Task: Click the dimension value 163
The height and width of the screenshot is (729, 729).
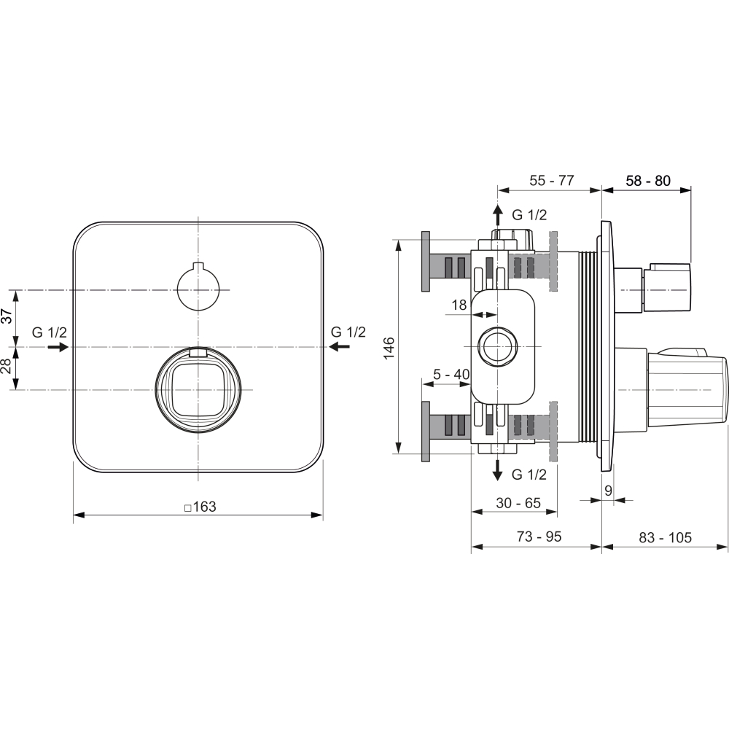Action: [204, 507]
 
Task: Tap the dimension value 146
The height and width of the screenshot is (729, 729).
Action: [389, 347]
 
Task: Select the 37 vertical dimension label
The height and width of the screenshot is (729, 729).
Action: [7, 316]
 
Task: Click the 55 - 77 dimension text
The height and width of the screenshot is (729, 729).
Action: [551, 180]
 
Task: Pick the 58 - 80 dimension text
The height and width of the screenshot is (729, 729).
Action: [648, 180]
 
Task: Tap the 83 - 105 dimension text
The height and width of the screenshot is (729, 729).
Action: [665, 537]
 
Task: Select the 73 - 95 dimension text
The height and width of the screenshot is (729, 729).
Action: [539, 537]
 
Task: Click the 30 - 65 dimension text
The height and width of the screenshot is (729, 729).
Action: [518, 503]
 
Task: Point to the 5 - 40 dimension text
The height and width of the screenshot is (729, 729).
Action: [451, 374]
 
